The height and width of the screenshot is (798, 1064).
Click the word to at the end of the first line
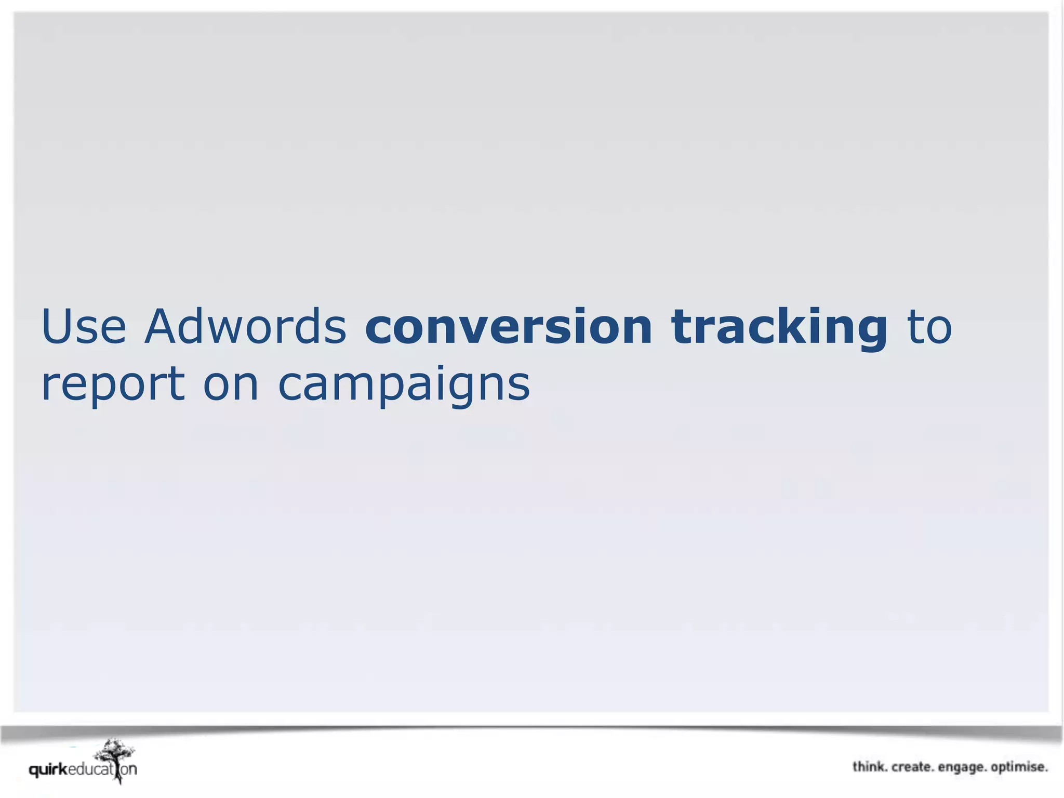click(929, 327)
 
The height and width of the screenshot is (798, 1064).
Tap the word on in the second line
click(231, 385)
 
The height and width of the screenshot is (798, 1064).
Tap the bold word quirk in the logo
click(48, 770)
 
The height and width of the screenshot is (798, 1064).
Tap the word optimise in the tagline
click(1019, 767)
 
